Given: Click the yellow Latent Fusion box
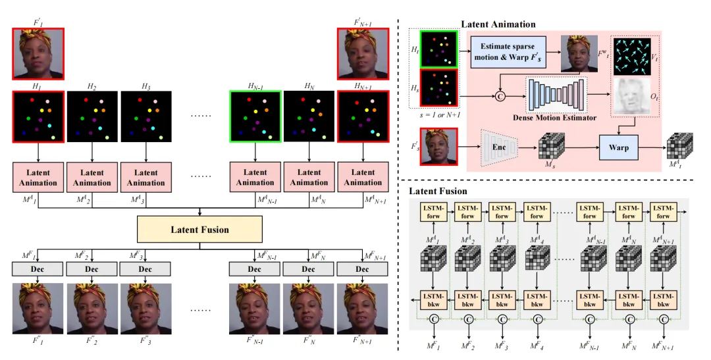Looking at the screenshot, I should pos(199,230).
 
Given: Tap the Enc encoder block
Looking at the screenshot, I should pos(495,147).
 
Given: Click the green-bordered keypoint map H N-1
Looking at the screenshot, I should pos(255,116).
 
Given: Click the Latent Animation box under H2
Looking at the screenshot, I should pos(92,178).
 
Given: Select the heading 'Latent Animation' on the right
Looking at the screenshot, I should pos(498,24).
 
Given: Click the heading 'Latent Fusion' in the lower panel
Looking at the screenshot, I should pos(438,191).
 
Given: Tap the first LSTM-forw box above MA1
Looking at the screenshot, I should pos(433,213).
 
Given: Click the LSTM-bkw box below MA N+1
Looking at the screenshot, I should pos(663,300).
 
